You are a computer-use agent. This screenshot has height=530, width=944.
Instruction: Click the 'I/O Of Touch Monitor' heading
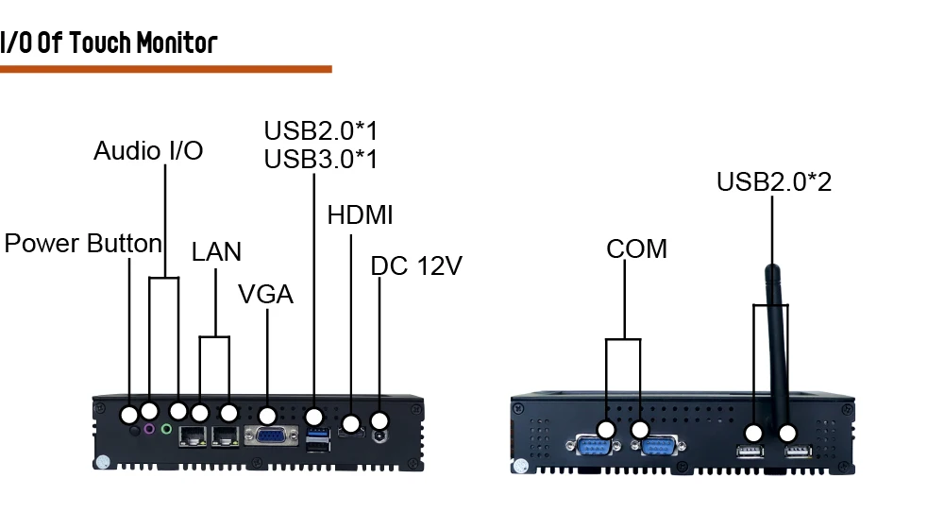coord(109,43)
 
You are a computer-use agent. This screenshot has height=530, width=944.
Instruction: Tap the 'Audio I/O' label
coord(148,151)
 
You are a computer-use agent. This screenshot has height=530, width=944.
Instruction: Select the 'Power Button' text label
coord(83,244)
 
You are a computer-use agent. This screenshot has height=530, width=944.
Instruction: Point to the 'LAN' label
coord(216,252)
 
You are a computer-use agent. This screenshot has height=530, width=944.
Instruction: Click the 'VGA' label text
coord(265,295)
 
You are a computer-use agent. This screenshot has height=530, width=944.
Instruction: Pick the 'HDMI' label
coord(360,215)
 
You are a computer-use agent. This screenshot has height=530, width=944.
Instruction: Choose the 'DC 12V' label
coord(416,266)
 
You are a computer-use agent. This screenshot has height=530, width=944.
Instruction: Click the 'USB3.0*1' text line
coord(320,159)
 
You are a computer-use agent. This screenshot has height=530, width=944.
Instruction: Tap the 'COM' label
coord(636,249)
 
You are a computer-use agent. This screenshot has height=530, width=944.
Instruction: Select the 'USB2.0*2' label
coord(773,181)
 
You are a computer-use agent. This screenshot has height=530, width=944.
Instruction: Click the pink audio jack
coord(148,430)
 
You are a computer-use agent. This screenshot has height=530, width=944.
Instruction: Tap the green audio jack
coord(166,430)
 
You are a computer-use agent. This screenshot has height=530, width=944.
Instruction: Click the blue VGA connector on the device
coord(268,436)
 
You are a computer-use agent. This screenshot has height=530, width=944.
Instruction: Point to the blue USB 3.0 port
coord(316,434)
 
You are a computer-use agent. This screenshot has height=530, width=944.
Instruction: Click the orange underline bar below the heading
coord(165,69)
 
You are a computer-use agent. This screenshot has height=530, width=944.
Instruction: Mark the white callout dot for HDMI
coord(351,423)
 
